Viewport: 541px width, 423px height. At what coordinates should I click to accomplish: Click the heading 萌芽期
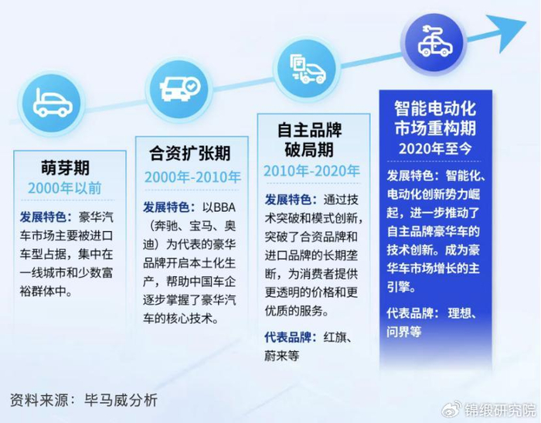pyautogui.click(x=65, y=168)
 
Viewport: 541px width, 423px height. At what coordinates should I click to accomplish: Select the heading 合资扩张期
pyautogui.click(x=190, y=153)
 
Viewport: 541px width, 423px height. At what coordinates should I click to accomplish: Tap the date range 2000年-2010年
pyautogui.click(x=192, y=177)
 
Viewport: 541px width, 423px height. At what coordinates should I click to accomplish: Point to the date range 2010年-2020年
pyautogui.click(x=311, y=171)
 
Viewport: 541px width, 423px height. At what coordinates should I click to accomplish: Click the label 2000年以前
pyautogui.click(x=65, y=188)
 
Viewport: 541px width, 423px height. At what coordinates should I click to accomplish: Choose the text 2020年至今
pyautogui.click(x=435, y=148)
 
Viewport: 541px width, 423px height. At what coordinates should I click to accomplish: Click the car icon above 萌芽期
pyautogui.click(x=52, y=103)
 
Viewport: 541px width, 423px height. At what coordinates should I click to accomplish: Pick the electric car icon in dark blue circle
pyautogui.click(x=434, y=43)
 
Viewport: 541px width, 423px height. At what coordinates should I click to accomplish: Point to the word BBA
pyautogui.click(x=225, y=207)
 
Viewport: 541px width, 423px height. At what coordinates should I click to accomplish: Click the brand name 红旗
pyautogui.click(x=335, y=337)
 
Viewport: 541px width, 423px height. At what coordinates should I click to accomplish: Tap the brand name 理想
pyautogui.click(x=459, y=313)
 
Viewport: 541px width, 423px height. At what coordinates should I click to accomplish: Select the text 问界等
pyautogui.click(x=404, y=333)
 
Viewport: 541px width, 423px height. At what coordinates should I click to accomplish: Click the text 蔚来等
pyautogui.click(x=282, y=356)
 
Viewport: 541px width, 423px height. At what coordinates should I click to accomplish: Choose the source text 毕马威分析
pyautogui.click(x=121, y=401)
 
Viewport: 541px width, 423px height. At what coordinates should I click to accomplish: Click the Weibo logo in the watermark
pyautogui.click(x=451, y=409)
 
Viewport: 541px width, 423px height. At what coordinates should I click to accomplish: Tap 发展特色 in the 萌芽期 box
pyautogui.click(x=43, y=217)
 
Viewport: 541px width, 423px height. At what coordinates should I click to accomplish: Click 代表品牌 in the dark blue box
pyautogui.click(x=410, y=313)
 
